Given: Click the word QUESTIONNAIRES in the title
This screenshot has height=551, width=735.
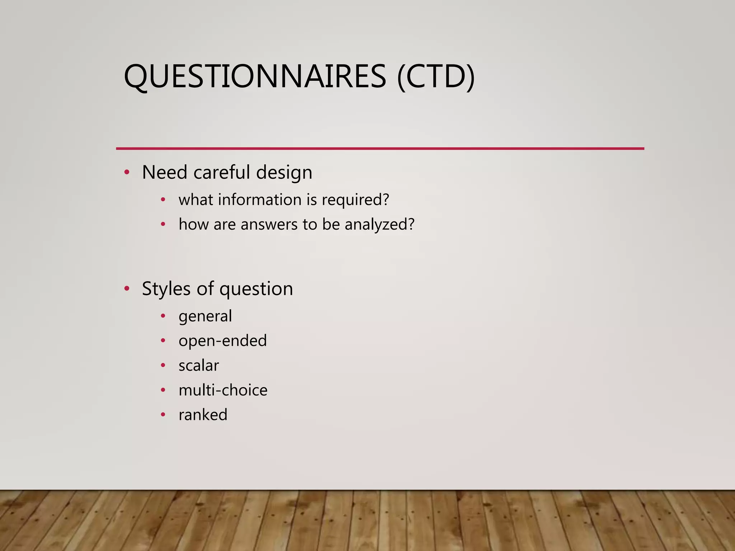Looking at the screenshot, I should click(x=255, y=76).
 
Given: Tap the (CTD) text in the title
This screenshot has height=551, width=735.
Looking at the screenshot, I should click(x=436, y=76).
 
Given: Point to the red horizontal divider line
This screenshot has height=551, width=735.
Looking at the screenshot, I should click(x=380, y=148).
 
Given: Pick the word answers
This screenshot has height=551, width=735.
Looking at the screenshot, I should click(x=269, y=225).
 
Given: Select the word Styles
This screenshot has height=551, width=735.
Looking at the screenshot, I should click(x=166, y=289).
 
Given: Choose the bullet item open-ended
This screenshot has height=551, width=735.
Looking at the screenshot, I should click(x=223, y=341).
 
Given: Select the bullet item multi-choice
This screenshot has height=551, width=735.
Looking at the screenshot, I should click(x=223, y=390).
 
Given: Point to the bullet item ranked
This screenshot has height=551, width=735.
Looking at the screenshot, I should click(x=203, y=415).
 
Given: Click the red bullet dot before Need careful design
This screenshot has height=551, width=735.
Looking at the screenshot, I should click(x=126, y=173).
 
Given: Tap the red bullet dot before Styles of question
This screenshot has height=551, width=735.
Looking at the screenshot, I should click(x=126, y=289).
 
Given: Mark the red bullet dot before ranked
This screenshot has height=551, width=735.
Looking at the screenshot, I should click(x=163, y=415).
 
